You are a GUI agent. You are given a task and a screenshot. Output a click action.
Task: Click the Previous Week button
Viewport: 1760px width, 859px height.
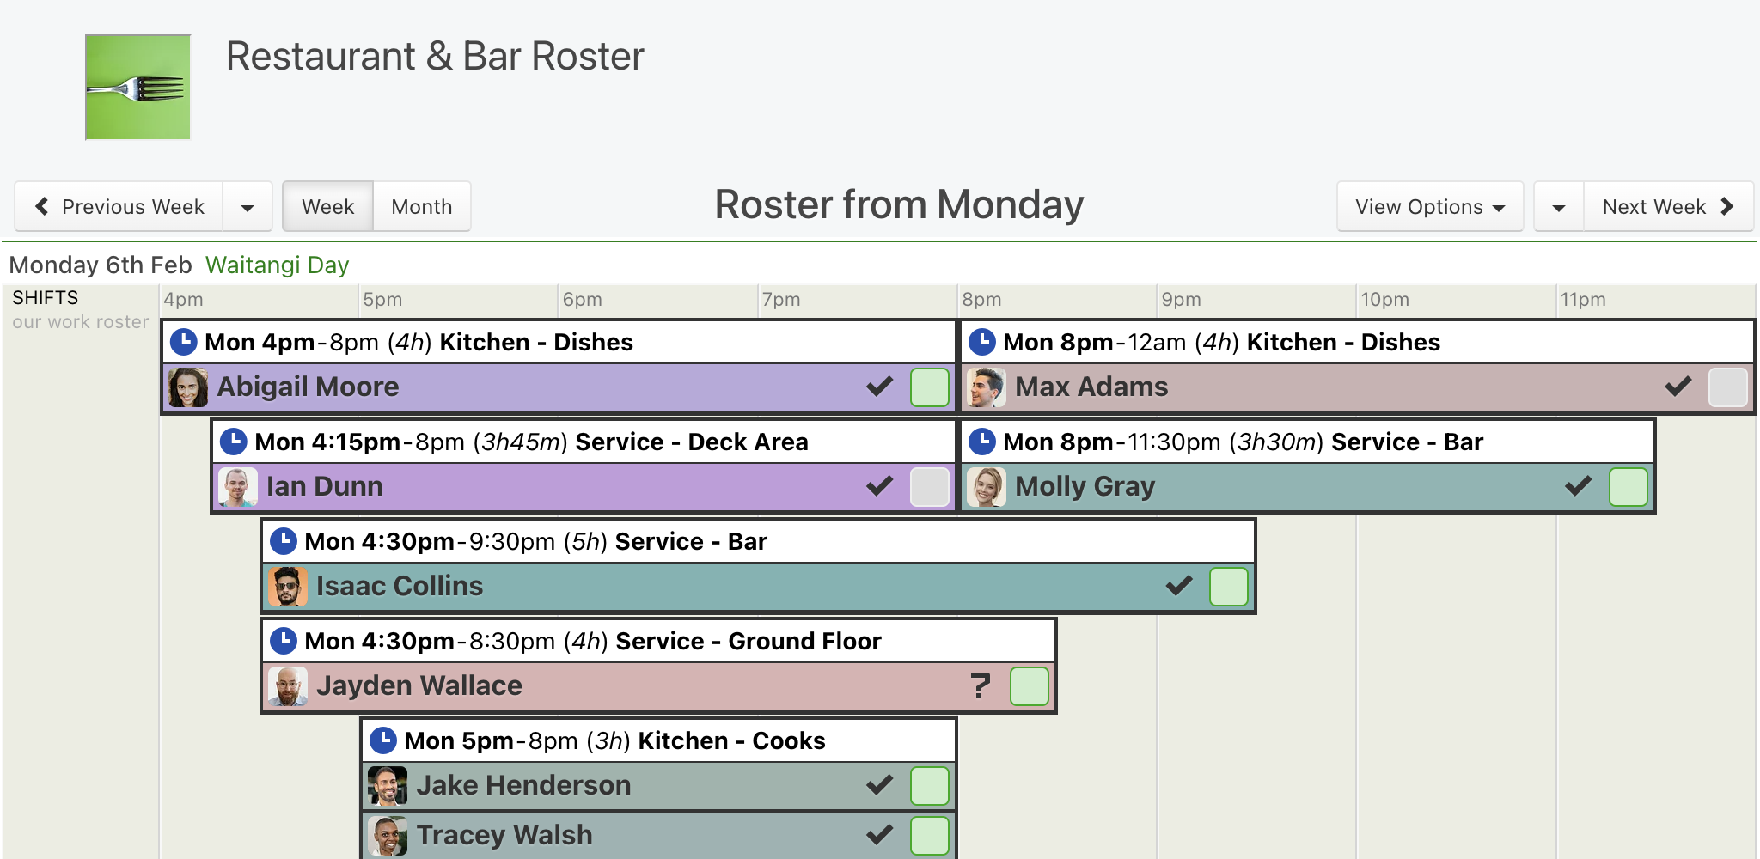119,207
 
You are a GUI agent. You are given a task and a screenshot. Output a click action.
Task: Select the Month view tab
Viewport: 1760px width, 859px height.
422,207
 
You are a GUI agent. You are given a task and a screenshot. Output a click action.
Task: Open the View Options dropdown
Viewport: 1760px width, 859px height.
1430,207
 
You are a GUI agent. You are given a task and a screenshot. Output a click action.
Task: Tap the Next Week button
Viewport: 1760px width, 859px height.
1668,207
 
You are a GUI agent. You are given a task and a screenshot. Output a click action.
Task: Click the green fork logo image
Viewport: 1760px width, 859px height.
137,87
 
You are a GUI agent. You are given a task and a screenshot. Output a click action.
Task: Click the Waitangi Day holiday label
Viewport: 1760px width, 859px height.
278,265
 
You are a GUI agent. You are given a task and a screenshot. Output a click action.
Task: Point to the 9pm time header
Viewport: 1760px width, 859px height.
1181,300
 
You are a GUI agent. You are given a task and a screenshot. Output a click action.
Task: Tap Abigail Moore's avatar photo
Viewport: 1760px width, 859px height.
188,387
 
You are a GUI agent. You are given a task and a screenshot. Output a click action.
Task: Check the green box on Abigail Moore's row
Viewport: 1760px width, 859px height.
930,387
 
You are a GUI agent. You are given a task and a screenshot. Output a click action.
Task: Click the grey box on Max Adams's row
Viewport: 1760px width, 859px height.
1728,387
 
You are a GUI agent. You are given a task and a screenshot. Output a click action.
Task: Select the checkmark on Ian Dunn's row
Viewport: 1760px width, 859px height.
880,486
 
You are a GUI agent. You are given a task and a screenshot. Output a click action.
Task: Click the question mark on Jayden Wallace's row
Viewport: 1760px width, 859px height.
981,685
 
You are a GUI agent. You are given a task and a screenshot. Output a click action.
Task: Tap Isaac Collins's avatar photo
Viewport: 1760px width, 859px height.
288,587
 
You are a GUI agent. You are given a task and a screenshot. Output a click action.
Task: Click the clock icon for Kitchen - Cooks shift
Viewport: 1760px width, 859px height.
382,740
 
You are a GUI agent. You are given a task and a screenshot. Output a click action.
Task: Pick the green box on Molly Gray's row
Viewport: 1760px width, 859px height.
1629,487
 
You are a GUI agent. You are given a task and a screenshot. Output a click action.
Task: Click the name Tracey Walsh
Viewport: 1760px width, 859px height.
504,835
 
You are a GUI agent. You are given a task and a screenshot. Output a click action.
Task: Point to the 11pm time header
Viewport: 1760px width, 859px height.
1583,300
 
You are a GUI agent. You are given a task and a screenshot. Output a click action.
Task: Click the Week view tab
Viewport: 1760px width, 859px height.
328,207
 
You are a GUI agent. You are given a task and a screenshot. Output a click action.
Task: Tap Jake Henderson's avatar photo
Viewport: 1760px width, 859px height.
388,786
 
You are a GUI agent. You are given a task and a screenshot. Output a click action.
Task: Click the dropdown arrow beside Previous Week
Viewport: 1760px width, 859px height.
247,207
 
